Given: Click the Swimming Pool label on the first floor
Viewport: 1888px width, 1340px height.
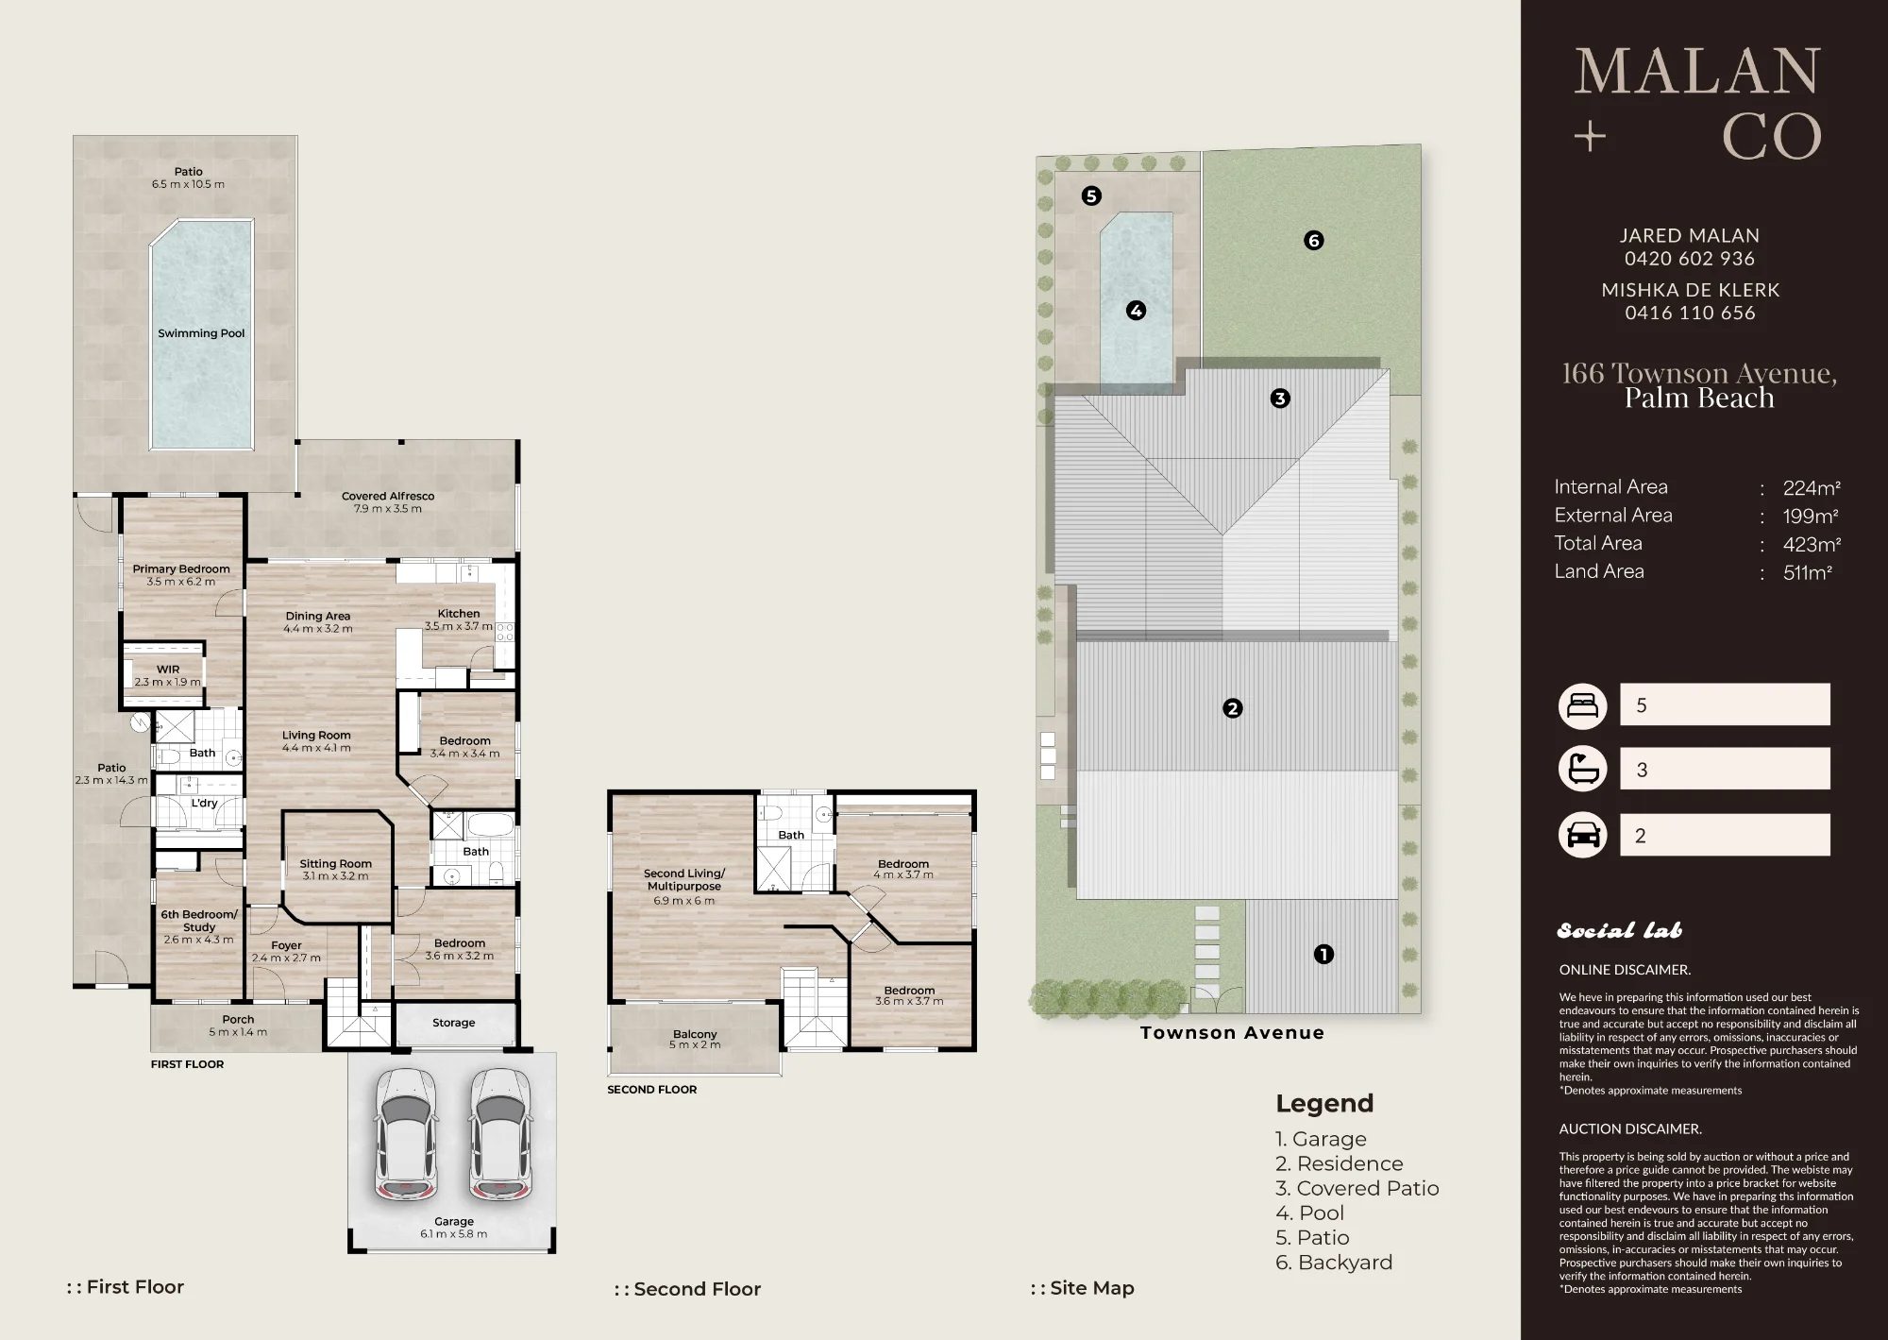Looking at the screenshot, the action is click(201, 333).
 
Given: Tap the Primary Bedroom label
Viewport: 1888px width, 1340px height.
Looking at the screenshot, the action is click(180, 569).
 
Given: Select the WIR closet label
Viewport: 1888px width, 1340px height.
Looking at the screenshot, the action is click(168, 670).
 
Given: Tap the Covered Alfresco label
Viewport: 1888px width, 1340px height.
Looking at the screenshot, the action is click(388, 496).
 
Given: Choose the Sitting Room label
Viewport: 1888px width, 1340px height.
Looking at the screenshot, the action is click(335, 863).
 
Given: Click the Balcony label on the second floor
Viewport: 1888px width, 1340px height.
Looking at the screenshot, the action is click(695, 1034).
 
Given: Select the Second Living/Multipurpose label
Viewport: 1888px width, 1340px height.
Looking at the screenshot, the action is click(684, 880).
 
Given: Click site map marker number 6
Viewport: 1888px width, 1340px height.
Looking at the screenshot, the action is click(1313, 241).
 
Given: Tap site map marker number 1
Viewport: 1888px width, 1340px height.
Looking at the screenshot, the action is click(1323, 955).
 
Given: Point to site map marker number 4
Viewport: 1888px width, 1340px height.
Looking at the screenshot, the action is click(1136, 310).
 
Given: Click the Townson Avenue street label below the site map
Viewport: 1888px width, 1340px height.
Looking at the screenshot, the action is click(1232, 1033).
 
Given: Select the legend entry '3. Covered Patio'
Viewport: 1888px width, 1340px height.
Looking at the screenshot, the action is click(1357, 1188).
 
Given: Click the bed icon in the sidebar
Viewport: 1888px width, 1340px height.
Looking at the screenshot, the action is click(1582, 705).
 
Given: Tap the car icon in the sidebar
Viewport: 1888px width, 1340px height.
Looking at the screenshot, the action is click(1582, 835).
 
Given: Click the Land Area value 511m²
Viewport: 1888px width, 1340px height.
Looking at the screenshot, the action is click(1808, 572).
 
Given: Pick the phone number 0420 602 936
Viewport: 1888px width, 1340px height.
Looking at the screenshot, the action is click(1690, 259).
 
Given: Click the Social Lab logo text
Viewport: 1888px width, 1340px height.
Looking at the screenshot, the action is click(1619, 931).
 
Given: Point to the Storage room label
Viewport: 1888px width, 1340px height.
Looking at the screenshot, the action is click(454, 1023).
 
